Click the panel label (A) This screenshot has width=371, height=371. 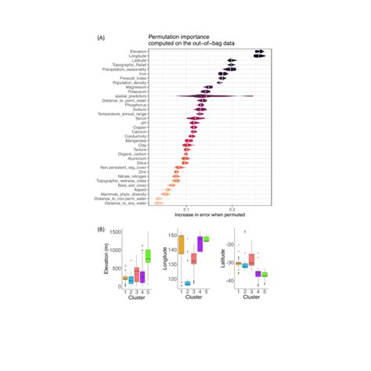(101, 38)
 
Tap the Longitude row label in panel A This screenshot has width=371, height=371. (139, 56)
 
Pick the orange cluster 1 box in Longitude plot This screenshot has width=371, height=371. (182, 245)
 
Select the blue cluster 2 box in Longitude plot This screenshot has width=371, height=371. (188, 283)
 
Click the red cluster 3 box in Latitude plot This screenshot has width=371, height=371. (251, 260)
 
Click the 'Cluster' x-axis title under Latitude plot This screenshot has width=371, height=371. (252, 297)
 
